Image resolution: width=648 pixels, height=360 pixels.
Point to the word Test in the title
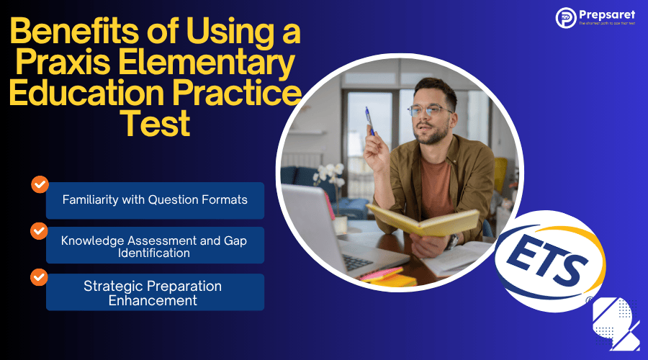[154, 124]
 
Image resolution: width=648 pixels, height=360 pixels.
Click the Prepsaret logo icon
[565, 18]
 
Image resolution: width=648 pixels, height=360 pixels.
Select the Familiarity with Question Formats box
[155, 200]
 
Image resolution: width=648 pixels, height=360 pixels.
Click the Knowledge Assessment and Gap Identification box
[155, 246]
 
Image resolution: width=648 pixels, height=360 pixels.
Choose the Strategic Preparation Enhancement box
[155, 292]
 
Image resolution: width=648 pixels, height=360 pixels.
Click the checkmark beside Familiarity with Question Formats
[39, 184]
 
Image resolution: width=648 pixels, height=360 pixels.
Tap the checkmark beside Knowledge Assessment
[39, 230]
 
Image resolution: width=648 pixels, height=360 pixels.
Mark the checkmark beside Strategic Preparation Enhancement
[39, 276]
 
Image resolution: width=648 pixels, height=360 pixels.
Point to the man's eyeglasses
[429, 110]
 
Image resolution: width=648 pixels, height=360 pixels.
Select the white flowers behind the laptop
[330, 174]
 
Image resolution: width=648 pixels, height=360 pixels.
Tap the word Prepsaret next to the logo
[607, 14]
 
